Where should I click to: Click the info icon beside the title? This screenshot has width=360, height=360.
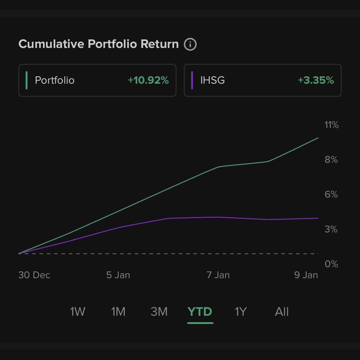click(190, 44)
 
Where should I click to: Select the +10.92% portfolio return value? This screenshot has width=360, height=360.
click(148, 80)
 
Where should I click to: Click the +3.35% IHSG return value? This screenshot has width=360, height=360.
click(316, 80)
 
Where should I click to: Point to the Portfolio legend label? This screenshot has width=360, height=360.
click(55, 80)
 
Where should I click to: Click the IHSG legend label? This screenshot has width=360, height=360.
click(213, 80)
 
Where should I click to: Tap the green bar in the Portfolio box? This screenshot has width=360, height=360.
click(27, 80)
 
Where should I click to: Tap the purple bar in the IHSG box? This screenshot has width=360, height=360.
click(192, 80)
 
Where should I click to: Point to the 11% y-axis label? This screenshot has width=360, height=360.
click(331, 125)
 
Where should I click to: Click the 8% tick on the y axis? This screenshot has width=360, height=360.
click(331, 160)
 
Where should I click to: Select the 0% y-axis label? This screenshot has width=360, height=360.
click(331, 264)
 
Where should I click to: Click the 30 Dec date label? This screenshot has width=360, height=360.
click(34, 275)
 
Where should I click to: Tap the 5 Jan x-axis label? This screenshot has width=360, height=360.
click(118, 275)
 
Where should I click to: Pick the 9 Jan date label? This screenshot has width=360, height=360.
click(306, 275)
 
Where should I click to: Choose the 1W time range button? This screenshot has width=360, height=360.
click(78, 312)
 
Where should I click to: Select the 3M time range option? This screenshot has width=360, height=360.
click(159, 312)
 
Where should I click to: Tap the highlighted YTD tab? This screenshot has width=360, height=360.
click(200, 312)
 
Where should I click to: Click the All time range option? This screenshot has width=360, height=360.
click(282, 312)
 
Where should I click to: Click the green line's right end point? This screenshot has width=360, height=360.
click(318, 138)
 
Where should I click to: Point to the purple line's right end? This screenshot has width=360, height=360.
click(318, 218)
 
